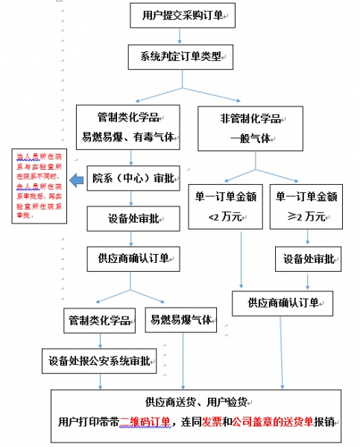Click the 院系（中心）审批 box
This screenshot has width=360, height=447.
pyautogui.click(x=131, y=179)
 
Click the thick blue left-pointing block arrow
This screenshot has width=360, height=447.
pyautogui.click(x=78, y=180)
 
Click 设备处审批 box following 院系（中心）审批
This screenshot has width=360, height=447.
pyautogui.click(x=131, y=218)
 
